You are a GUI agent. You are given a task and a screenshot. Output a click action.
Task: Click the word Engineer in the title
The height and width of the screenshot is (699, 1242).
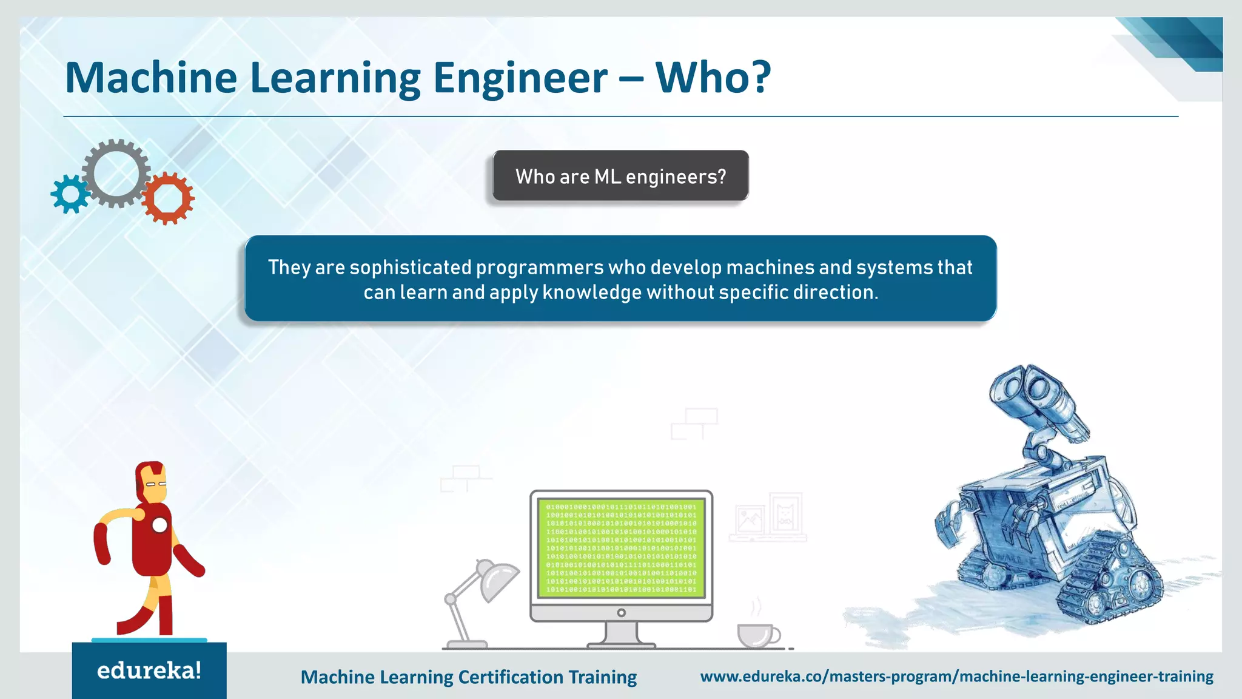pyautogui.click(x=520, y=78)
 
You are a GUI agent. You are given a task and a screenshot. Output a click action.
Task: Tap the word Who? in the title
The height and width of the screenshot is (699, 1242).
pyautogui.click(x=713, y=78)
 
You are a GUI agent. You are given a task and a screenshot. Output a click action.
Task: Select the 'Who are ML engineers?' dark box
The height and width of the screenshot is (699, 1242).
pyautogui.click(x=620, y=176)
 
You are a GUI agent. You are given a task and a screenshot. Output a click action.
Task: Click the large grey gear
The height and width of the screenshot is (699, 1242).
pyautogui.click(x=116, y=173)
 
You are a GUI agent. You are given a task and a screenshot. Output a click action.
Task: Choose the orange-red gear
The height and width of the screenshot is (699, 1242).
pyautogui.click(x=168, y=198)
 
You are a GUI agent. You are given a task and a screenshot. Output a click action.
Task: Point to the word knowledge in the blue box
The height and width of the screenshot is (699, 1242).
pyautogui.click(x=592, y=292)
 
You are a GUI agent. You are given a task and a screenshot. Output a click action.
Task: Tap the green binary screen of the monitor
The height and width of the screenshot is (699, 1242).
pyautogui.click(x=621, y=548)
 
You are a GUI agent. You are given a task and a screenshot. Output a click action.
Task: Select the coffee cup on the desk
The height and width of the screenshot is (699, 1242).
pyautogui.click(x=756, y=635)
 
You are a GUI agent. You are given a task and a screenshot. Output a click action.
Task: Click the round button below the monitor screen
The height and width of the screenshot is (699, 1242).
pyautogui.click(x=621, y=613)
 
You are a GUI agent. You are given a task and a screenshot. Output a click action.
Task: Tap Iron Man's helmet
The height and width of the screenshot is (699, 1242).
pyautogui.click(x=151, y=482)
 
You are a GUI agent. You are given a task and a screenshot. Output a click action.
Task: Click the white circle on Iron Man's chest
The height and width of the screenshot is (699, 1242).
pyautogui.click(x=159, y=525)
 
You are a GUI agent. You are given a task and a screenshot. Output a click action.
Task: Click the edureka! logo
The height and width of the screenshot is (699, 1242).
pyautogui.click(x=149, y=670)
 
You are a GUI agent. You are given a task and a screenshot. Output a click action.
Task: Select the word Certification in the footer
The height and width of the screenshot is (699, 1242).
pyautogui.click(x=511, y=677)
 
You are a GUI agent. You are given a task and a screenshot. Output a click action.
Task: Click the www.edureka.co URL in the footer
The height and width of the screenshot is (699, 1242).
pyautogui.click(x=956, y=677)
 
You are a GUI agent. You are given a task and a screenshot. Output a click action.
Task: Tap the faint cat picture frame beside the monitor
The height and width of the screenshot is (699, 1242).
pyautogui.click(x=785, y=513)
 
